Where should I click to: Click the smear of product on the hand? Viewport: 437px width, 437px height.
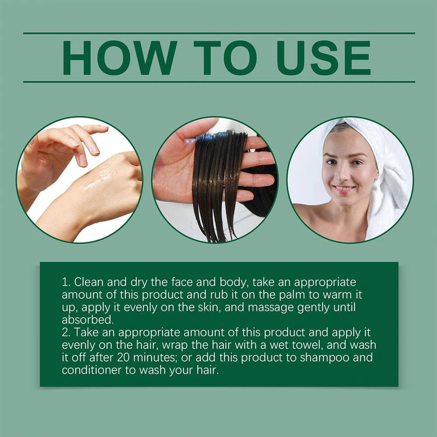coord(99,178)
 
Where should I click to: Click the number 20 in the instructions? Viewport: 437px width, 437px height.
coord(123,357)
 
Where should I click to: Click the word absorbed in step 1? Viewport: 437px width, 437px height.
coord(88,320)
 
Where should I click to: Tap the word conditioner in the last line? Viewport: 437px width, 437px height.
coord(92,370)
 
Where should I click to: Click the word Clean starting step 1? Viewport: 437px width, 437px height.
coord(89,282)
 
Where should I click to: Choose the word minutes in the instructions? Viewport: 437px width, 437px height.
coord(155,357)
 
